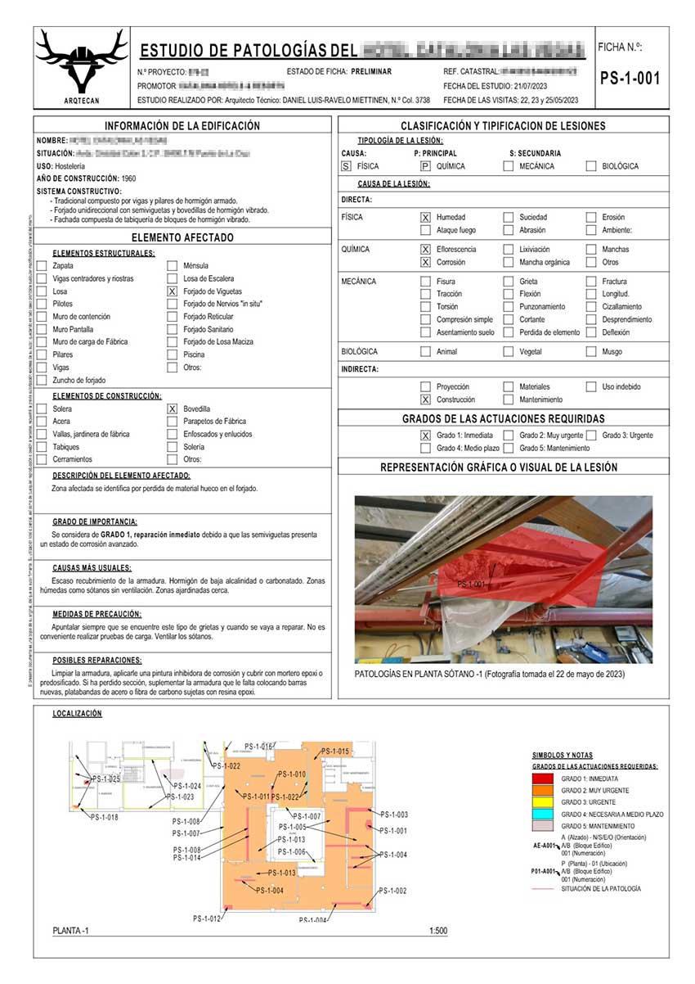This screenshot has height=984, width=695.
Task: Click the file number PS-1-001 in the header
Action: click(629, 79)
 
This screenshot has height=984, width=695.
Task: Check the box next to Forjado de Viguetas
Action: click(172, 291)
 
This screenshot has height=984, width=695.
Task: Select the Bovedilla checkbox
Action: click(172, 408)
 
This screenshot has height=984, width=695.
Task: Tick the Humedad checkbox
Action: click(425, 218)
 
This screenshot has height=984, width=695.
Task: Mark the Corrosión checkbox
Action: click(425, 263)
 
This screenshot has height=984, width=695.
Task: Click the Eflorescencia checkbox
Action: click(425, 249)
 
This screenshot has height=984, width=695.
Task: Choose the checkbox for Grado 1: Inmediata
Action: click(425, 436)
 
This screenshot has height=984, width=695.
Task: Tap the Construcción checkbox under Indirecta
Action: click(425, 399)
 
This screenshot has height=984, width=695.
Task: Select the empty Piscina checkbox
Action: click(172, 354)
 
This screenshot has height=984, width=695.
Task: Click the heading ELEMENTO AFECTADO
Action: click(184, 237)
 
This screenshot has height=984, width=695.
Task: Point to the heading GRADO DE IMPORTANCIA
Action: click(95, 521)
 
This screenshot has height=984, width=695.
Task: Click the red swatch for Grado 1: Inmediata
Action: click(543, 779)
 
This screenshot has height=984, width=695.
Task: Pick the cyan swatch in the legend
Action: click(543, 815)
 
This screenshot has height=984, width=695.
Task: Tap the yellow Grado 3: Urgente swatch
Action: click(543, 802)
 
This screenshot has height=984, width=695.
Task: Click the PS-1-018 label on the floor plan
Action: click(104, 818)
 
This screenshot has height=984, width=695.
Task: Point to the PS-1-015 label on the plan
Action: click(335, 752)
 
